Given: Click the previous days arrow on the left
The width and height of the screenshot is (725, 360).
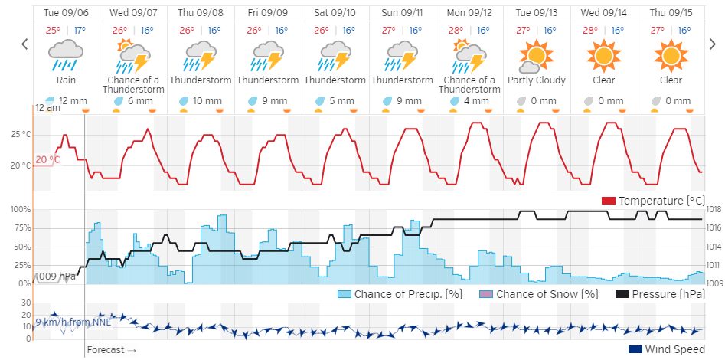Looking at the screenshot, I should [x=24, y=44].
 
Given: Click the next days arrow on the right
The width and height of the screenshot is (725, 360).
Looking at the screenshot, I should [x=712, y=44].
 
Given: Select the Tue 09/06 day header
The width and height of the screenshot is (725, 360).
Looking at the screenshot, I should [x=66, y=13].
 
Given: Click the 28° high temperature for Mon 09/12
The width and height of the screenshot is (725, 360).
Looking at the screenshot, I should [x=456, y=31].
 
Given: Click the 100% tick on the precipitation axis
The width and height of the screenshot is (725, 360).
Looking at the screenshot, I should [x=19, y=209].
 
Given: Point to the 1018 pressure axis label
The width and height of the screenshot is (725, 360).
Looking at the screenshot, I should [x=714, y=209].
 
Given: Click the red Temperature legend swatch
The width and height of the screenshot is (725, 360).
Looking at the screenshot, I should [x=609, y=201].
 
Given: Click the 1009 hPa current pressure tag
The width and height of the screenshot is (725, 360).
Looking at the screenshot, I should [x=57, y=276].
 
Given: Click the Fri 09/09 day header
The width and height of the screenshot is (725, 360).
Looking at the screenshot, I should [x=268, y=13].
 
